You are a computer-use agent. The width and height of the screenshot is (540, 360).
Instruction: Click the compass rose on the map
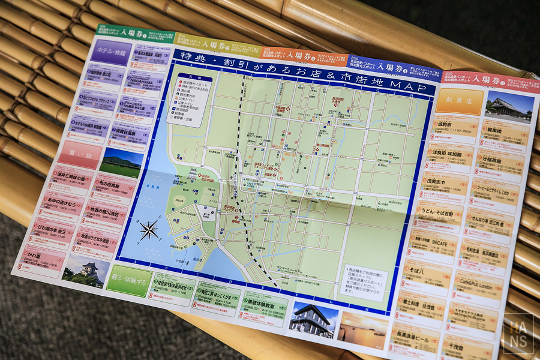(149, 229)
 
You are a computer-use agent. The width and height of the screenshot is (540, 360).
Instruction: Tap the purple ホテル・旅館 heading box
(109, 53)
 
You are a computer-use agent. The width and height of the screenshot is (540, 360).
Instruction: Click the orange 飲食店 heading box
(459, 102)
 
